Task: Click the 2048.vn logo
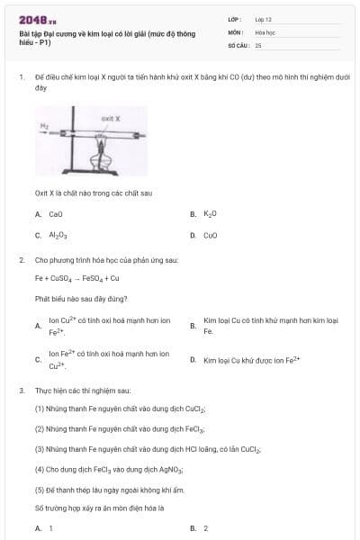tap(39, 20)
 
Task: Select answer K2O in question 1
tap(211, 214)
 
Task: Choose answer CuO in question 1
tap(211, 235)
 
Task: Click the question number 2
tap(21, 259)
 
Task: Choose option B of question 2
tap(270, 326)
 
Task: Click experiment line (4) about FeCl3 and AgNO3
tap(109, 469)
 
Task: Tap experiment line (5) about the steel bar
tap(109, 490)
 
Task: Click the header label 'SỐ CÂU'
tap(238, 44)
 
